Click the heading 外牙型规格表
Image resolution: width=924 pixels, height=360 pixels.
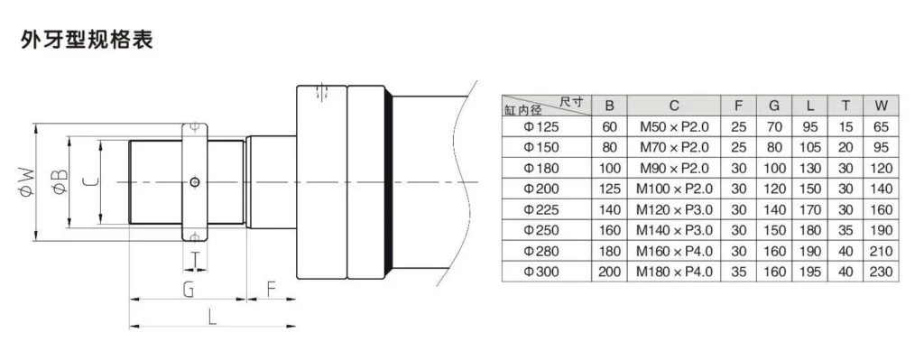[x=87, y=41]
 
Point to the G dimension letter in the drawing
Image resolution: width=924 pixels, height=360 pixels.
[x=188, y=290]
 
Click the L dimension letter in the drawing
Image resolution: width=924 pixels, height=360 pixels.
[x=210, y=318]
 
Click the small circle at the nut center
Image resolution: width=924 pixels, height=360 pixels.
[x=195, y=182]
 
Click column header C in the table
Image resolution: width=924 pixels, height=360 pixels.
[x=674, y=105]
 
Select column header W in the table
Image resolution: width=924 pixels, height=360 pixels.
[x=882, y=105]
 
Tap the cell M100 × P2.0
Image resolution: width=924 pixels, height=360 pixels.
[x=674, y=189]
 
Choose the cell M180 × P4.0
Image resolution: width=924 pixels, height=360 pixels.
[x=674, y=270]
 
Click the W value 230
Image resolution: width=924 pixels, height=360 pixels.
[x=882, y=270]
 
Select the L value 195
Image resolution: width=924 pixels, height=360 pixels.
[x=810, y=270]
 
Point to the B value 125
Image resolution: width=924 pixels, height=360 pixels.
[x=610, y=189]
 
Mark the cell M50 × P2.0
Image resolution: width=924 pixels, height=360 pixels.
[x=674, y=127]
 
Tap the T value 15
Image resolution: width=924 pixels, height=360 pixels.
[x=845, y=127]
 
